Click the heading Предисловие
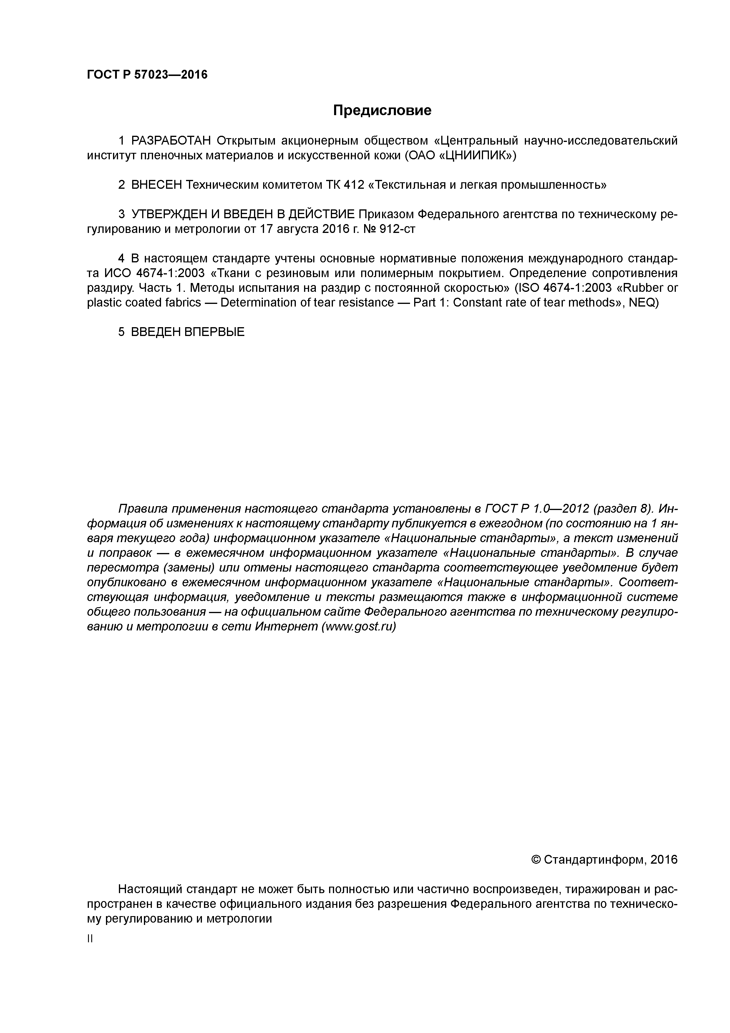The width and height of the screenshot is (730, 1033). [x=382, y=110]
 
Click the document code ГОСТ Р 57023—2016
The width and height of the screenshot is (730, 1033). [x=147, y=75]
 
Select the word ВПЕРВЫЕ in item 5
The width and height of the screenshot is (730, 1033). [x=215, y=332]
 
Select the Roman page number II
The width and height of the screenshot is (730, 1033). [x=89, y=939]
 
